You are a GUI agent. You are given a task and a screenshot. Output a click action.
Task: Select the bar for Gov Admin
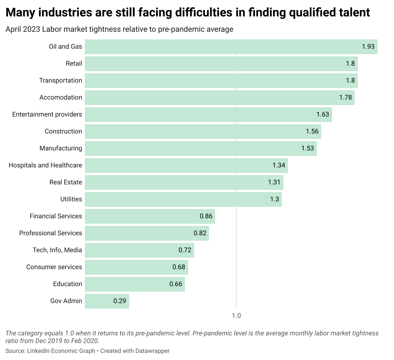click(x=107, y=301)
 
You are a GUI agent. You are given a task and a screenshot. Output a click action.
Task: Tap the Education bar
click(x=135, y=284)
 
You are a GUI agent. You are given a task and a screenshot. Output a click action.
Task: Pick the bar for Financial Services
click(x=150, y=216)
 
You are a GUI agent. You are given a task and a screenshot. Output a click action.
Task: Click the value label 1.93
click(x=368, y=47)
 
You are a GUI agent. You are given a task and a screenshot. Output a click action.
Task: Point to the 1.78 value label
click(x=346, y=97)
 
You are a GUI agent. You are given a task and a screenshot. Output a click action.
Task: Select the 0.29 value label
click(x=120, y=301)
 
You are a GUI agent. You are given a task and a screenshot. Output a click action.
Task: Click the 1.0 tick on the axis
click(x=236, y=316)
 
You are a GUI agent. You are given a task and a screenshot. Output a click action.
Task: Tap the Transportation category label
click(x=60, y=80)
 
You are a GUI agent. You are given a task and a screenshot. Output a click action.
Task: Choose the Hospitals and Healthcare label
click(x=45, y=165)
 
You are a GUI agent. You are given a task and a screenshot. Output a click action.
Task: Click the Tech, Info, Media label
click(x=57, y=250)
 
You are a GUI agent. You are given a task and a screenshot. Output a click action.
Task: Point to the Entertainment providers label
click(x=47, y=114)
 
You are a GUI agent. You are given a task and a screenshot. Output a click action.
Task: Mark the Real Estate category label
click(x=66, y=182)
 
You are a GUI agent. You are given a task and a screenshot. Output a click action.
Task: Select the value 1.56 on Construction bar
click(x=312, y=131)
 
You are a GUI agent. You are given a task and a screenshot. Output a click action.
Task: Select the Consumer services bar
click(x=136, y=267)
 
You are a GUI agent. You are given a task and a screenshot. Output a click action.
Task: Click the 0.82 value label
click(x=200, y=233)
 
